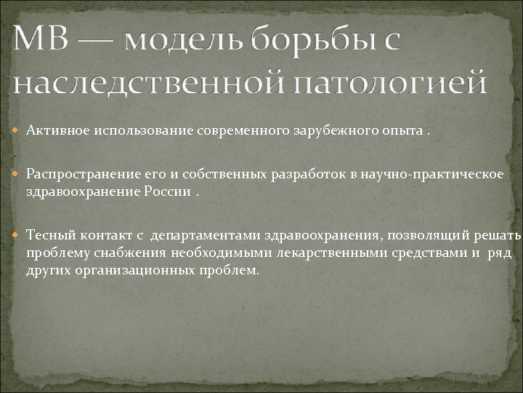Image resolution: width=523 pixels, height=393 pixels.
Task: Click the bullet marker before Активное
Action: point(18,130)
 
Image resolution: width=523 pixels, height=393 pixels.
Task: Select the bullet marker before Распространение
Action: point(18,174)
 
